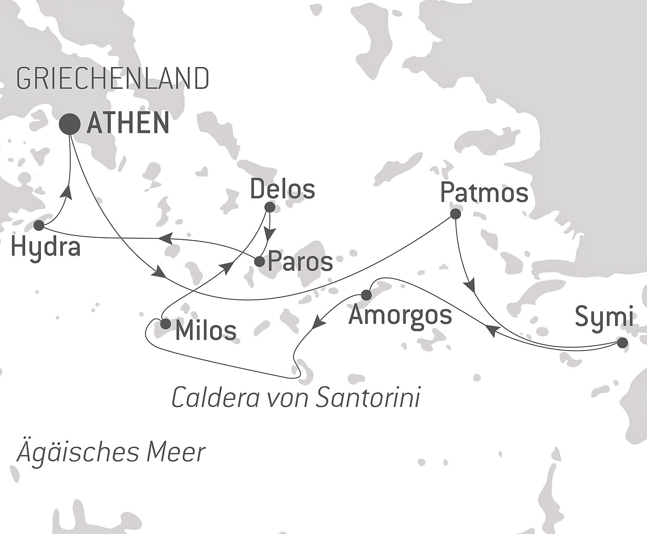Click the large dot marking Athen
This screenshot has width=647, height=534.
pyautogui.click(x=70, y=124)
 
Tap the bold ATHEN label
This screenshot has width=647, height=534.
pyautogui.click(x=128, y=123)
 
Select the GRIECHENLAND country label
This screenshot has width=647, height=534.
pyautogui.click(x=113, y=79)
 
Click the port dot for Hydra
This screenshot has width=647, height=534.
pyautogui.click(x=39, y=226)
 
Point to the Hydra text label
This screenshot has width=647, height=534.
pyautogui.click(x=46, y=247)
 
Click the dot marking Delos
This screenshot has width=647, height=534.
pyautogui.click(x=270, y=207)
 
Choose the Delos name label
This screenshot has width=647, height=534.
pyautogui.click(x=282, y=189)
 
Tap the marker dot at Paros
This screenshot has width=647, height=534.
pyautogui.click(x=259, y=262)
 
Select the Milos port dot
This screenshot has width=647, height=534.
pyautogui.click(x=165, y=324)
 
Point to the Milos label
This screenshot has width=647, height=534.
pyautogui.click(x=206, y=331)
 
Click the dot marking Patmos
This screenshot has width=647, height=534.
pyautogui.click(x=455, y=214)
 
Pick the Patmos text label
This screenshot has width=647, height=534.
pyautogui.click(x=484, y=193)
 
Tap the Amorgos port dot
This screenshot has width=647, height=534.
pyautogui.click(x=366, y=295)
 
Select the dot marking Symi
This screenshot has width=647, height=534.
pyautogui.click(x=622, y=343)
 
